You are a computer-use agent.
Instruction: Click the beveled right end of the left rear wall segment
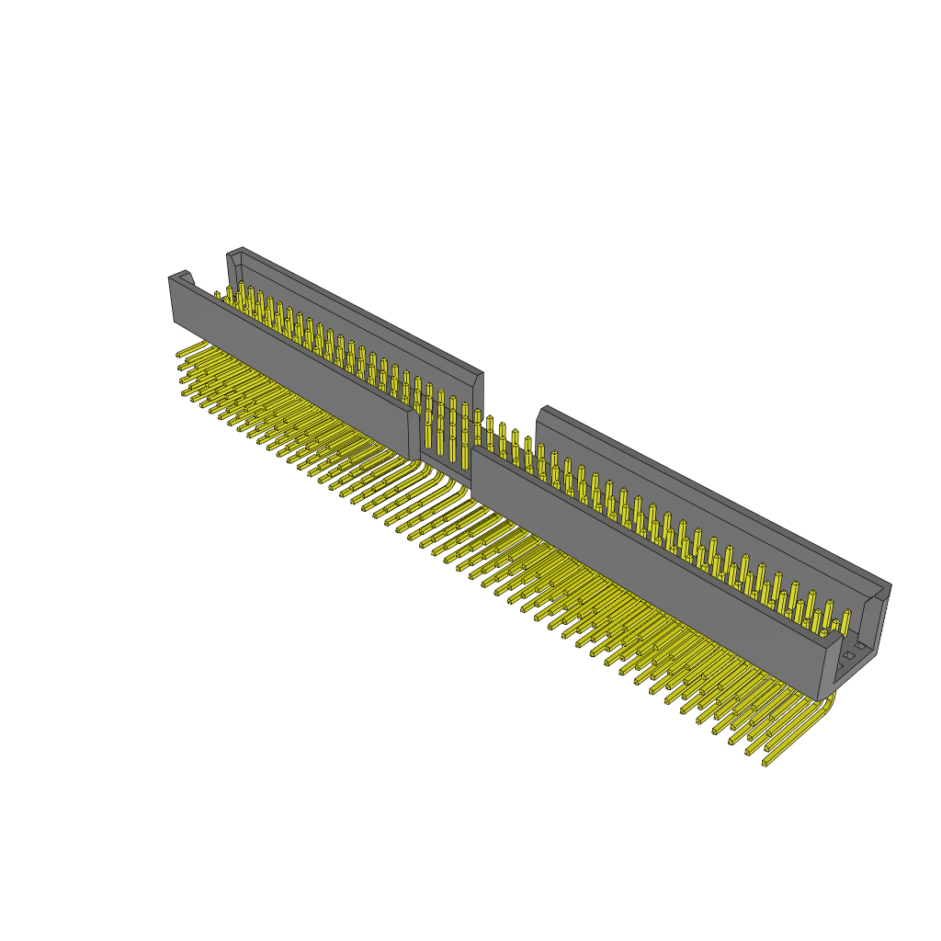tap(478, 380)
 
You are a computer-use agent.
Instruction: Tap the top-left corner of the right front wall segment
tap(475, 449)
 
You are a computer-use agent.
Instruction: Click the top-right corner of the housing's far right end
tap(888, 586)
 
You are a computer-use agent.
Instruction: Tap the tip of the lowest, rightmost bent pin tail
tap(765, 762)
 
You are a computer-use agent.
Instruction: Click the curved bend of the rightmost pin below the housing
tap(829, 706)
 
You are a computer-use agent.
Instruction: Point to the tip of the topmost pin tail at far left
tap(180, 354)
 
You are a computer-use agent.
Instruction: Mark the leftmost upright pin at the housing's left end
tap(218, 296)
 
